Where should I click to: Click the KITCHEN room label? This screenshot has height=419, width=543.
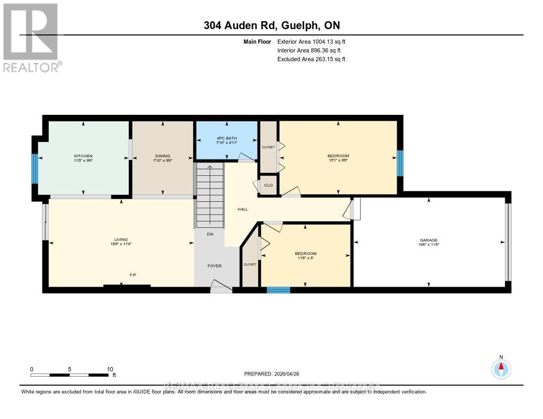point(83,156)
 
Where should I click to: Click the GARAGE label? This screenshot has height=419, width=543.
point(429,240)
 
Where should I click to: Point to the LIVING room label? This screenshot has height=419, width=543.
point(121,239)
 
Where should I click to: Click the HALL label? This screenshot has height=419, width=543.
point(243,209)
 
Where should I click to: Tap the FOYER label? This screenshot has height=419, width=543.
point(214,265)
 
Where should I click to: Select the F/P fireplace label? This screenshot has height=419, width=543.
point(134,275)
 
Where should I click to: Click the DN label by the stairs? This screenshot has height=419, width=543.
point(211,234)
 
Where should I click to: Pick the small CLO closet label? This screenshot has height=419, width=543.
point(268,185)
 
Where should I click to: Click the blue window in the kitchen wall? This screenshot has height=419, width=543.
point(35,168)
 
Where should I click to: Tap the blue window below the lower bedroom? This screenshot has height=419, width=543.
point(278,290)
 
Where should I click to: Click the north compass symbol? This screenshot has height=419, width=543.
point(501,368)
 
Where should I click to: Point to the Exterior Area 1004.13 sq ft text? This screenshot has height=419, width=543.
point(311,42)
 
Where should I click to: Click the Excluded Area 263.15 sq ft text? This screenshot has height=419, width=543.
point(311,59)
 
